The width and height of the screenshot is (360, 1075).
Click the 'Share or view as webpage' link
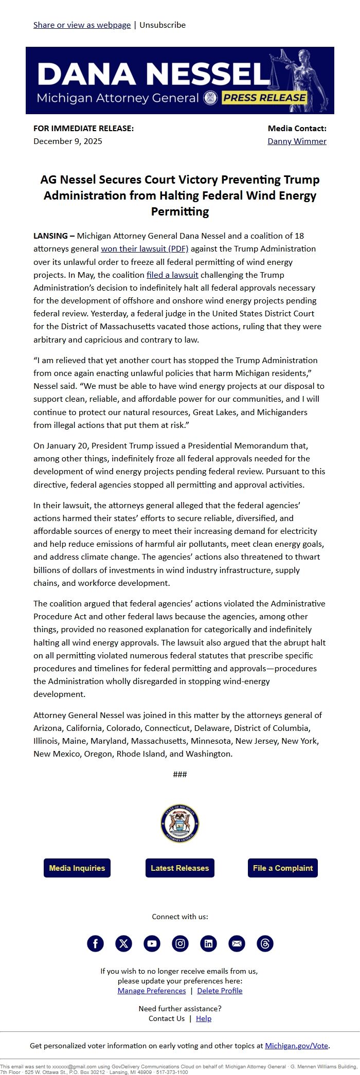click(x=82, y=25)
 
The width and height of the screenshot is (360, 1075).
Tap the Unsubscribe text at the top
click(x=163, y=25)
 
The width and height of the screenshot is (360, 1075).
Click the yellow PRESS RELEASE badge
click(x=264, y=97)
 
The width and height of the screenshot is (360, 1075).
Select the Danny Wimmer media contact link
click(x=297, y=141)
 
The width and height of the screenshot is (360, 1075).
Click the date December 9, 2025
click(x=68, y=141)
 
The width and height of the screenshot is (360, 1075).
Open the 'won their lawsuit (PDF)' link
click(x=145, y=248)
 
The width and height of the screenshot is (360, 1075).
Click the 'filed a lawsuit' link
click(x=172, y=275)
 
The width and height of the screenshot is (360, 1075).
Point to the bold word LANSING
click(x=50, y=236)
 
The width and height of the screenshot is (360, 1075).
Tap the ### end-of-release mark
click(x=180, y=774)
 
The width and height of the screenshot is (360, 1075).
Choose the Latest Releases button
click(x=179, y=868)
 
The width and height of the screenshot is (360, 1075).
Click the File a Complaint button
click(x=282, y=868)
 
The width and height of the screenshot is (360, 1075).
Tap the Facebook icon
click(x=95, y=943)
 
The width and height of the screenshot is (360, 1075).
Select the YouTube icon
click(x=152, y=943)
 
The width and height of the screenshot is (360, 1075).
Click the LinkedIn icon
click(x=208, y=943)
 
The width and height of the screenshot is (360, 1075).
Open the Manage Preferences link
click(x=152, y=990)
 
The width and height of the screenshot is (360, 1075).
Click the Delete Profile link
click(x=220, y=990)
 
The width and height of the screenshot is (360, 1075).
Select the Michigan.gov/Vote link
click(x=296, y=1045)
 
